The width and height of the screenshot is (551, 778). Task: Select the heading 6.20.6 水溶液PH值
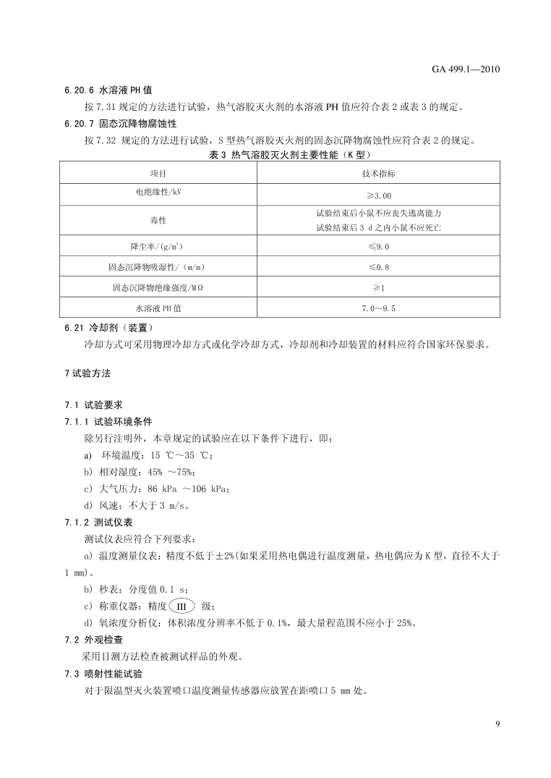click(108, 91)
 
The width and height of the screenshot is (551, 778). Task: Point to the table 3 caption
click(279, 154)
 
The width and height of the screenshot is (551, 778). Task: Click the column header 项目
click(158, 174)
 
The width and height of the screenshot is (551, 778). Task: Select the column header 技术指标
click(378, 174)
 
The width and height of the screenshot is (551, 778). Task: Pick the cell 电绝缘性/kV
click(158, 194)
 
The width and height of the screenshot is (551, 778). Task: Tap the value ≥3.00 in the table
click(378, 195)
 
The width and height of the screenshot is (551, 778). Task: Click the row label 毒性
click(158, 220)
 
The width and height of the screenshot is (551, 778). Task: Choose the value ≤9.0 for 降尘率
click(378, 247)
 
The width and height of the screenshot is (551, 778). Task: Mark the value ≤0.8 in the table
click(378, 267)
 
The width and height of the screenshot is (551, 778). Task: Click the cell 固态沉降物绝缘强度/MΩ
click(158, 287)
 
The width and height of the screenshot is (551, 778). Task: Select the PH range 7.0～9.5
click(378, 308)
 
